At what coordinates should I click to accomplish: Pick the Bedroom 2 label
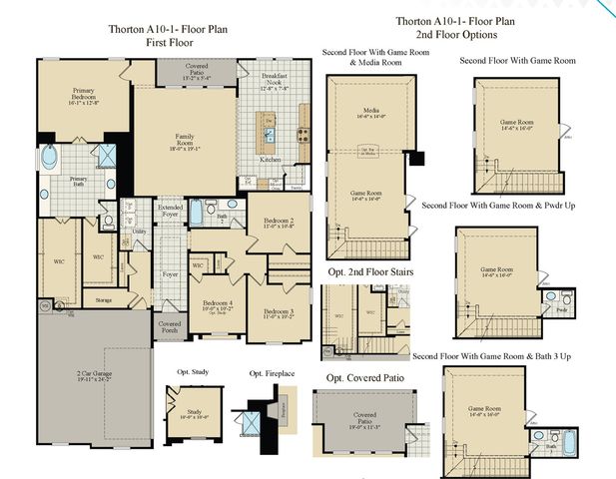tap(279, 223)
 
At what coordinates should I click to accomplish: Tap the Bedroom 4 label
tap(219, 305)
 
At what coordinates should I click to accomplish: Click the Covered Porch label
tap(170, 326)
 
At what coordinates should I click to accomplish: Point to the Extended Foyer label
tap(170, 210)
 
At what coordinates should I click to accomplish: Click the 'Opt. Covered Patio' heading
tap(370, 378)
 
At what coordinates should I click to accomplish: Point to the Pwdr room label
tap(561, 310)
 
